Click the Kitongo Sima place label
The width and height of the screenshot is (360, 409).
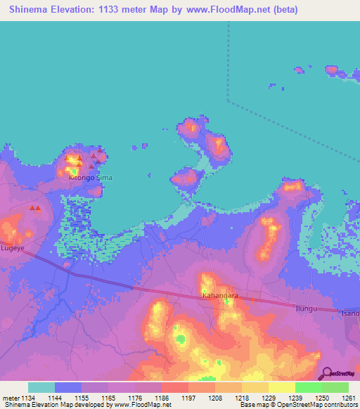[90, 178]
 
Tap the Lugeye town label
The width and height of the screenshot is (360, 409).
[12, 248]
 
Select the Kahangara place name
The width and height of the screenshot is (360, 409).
[220, 296]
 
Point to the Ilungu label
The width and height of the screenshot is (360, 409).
[307, 309]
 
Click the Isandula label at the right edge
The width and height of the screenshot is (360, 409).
[350, 313]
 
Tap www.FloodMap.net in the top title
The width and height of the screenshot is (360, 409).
[232, 10]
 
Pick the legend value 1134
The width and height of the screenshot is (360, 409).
[26, 398]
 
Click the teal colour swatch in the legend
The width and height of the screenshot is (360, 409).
[41, 387]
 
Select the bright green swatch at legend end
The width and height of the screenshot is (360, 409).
[335, 387]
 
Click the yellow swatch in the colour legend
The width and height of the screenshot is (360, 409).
[281, 387]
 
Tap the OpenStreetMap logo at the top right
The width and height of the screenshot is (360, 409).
[342, 70]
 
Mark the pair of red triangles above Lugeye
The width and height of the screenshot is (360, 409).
[34, 208]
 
